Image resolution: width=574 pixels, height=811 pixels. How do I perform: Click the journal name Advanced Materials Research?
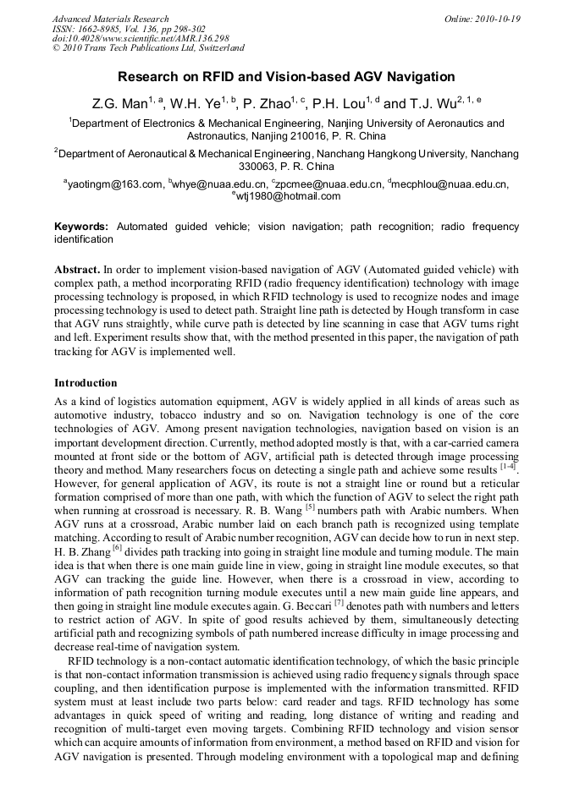coord(110,19)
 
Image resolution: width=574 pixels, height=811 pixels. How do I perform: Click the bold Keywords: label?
coord(81,227)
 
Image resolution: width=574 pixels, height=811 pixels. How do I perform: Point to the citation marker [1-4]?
coord(509,465)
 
